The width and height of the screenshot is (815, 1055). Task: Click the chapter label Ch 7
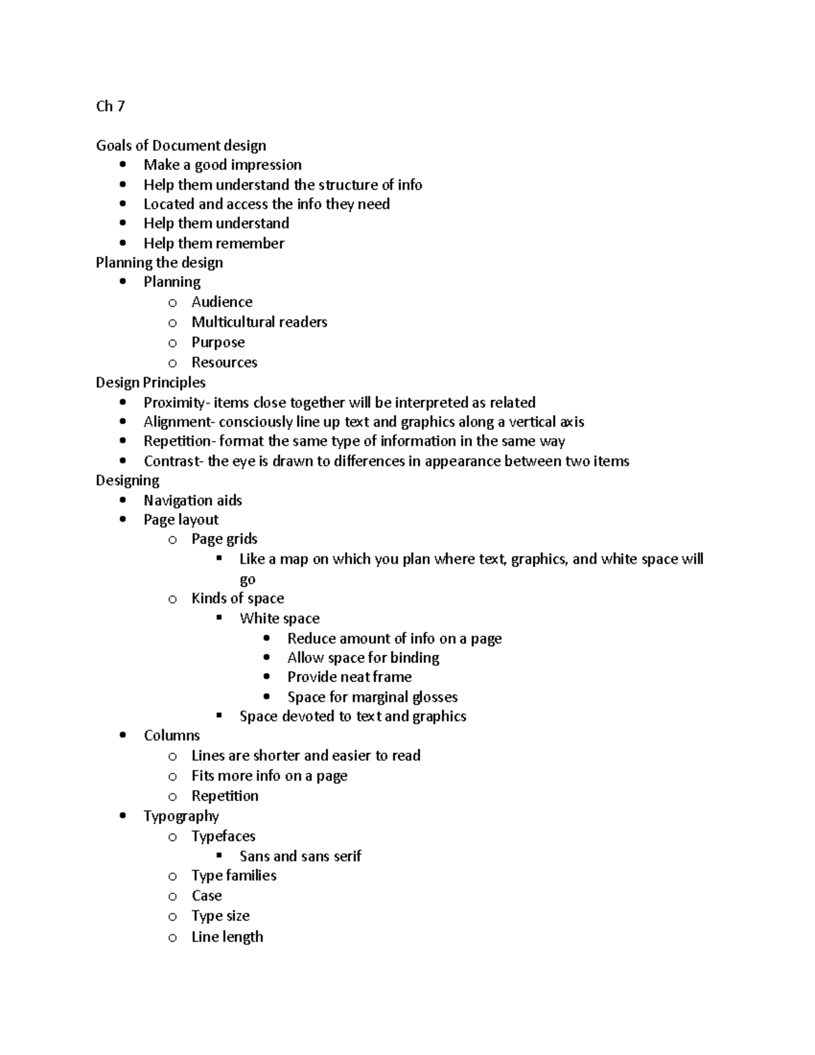click(x=110, y=106)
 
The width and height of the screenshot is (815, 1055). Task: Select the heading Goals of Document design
click(x=181, y=145)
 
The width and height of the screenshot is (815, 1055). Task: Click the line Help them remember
click(x=213, y=243)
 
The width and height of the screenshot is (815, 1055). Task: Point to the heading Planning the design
click(x=159, y=262)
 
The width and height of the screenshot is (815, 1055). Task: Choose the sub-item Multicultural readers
click(x=259, y=322)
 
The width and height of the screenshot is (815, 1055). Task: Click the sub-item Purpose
click(x=218, y=342)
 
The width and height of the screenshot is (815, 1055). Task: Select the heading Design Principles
click(x=150, y=382)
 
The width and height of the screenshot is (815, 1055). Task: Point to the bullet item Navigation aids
click(x=192, y=501)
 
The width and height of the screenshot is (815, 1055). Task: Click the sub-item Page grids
click(x=224, y=539)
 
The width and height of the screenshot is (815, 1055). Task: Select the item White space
click(x=279, y=618)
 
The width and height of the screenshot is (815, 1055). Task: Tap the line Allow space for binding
click(x=363, y=658)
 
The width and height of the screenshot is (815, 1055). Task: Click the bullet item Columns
click(x=172, y=736)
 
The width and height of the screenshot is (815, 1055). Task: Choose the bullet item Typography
click(x=181, y=816)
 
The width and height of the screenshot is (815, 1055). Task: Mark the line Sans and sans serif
click(x=300, y=856)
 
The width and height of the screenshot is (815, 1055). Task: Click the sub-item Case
click(x=206, y=896)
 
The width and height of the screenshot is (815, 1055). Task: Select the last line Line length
click(x=227, y=937)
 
